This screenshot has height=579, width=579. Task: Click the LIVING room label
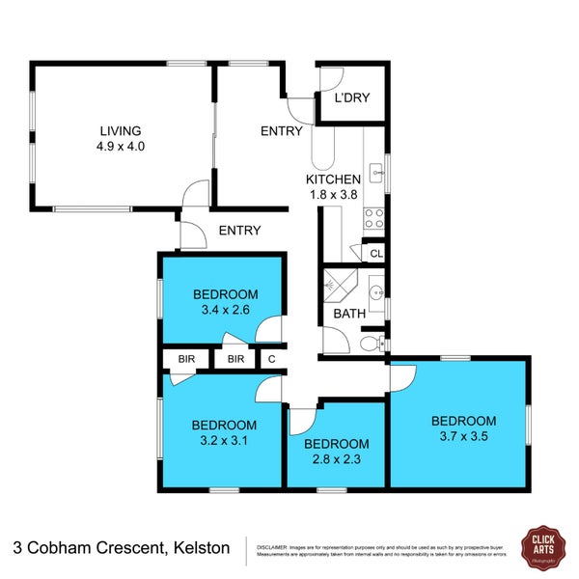[x=122, y=131]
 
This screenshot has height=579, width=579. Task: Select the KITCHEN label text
[x=333, y=179]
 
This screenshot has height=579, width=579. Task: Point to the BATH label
[x=347, y=314]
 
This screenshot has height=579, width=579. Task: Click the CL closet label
[x=376, y=255]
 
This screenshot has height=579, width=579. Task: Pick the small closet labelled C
[x=272, y=359]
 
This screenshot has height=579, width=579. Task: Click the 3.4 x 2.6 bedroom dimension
[x=225, y=311]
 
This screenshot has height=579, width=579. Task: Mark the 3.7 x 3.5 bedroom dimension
[x=463, y=436]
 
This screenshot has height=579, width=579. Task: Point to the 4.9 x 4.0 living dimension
[x=122, y=148]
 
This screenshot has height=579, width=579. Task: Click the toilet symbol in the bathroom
[x=370, y=343]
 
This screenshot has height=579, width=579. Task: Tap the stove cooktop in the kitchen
[x=373, y=218]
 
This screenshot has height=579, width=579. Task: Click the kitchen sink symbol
[x=375, y=176]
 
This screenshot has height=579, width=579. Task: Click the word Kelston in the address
[x=202, y=547]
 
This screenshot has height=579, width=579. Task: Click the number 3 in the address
[x=17, y=547]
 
